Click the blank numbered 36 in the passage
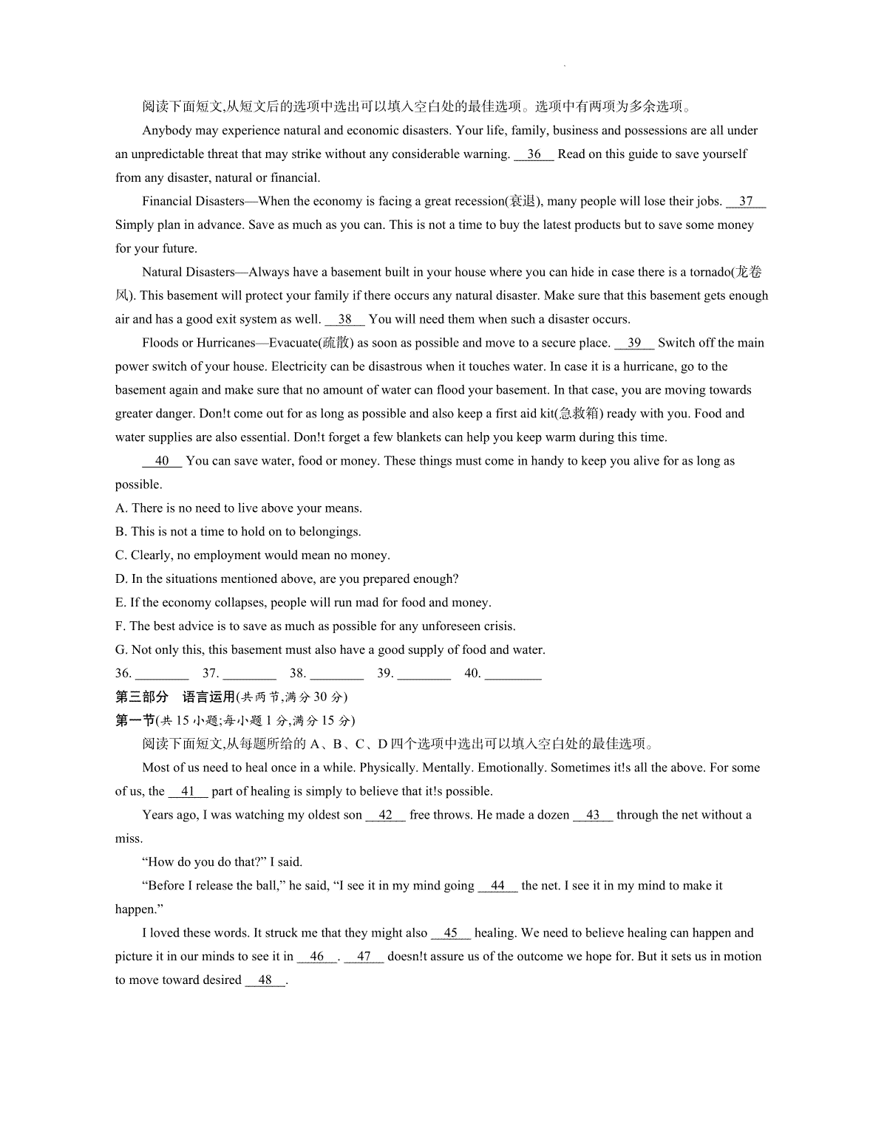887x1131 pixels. point(534,154)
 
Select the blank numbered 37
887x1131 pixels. point(746,202)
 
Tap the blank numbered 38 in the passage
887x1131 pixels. point(344,320)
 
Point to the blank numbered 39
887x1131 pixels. point(633,344)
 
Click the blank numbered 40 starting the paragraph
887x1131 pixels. point(162,462)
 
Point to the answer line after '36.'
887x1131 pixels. point(163,674)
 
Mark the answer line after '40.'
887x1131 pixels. point(513,674)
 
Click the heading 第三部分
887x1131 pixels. point(143,697)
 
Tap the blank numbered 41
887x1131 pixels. point(188,792)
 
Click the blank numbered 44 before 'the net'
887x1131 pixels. point(497,886)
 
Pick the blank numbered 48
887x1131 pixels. point(265,980)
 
